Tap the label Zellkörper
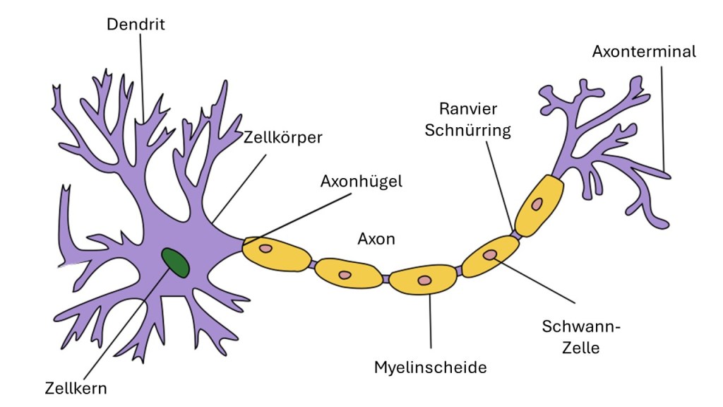282,137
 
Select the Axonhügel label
361,182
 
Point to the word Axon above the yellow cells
376,239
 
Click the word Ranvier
468,109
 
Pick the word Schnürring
468,131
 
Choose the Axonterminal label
644,52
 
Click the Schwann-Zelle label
570,336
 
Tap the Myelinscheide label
430,367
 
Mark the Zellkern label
76,387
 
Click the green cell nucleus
175,262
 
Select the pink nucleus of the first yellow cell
265,249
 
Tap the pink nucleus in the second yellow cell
345,274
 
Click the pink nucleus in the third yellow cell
424,281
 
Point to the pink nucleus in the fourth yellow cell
489,254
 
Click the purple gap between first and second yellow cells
311,265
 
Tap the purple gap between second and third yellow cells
386,278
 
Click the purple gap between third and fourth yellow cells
460,271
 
